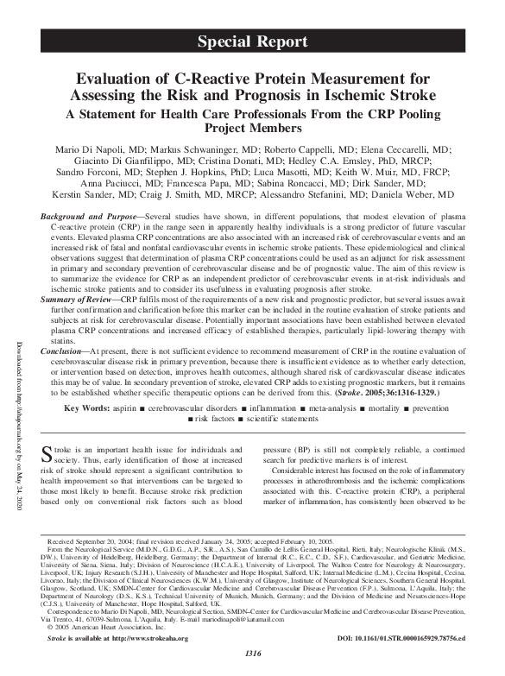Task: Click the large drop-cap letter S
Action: point(48,455)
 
